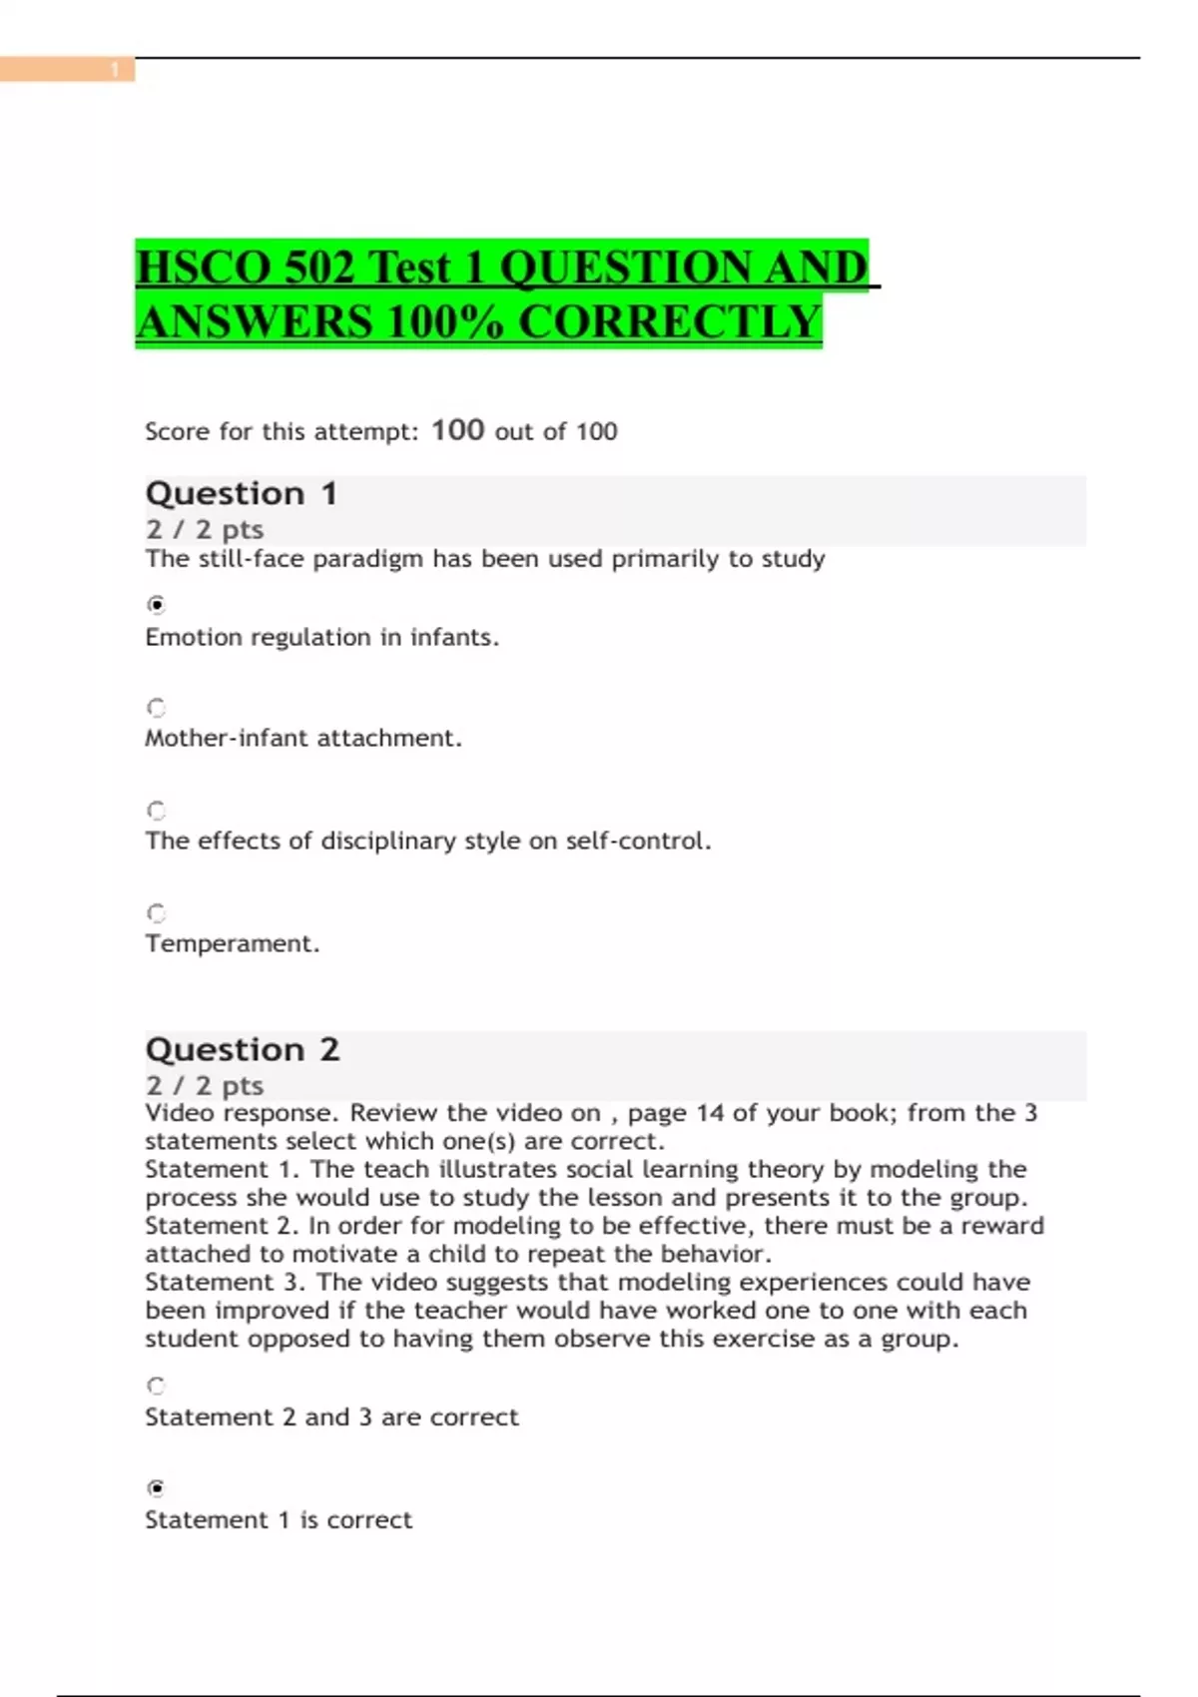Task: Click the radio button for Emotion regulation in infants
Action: [156, 605]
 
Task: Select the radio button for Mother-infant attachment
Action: [156, 708]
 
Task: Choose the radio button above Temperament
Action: [156, 913]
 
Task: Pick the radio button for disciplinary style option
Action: [156, 811]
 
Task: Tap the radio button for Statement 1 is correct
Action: [156, 1488]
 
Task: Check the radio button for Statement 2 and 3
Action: [156, 1386]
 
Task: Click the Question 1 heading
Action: [242, 493]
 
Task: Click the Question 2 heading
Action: [243, 1049]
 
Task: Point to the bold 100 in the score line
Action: [457, 430]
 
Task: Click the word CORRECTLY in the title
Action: [670, 322]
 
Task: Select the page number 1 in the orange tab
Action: [115, 69]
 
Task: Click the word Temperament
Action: [232, 943]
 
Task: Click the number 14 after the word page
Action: [710, 1113]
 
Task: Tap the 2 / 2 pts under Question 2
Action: [205, 1085]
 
